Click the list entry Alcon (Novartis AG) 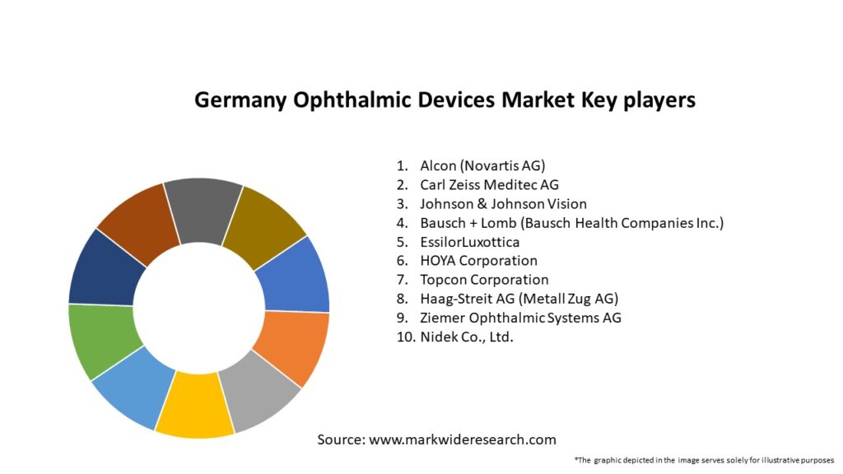click(482, 166)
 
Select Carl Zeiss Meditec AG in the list click(489, 185)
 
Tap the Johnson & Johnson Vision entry click(503, 204)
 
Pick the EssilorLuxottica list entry click(469, 242)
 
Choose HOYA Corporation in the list click(478, 261)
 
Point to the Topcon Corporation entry click(484, 280)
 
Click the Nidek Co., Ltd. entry click(466, 337)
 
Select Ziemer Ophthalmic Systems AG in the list click(520, 318)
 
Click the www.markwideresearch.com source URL click(462, 439)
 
